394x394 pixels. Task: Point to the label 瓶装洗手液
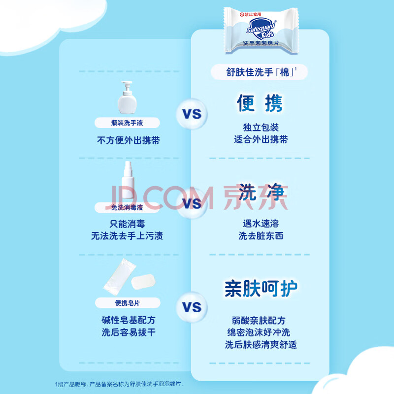click(127, 123)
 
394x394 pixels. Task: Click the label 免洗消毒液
click(127, 207)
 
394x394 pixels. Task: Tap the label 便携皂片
click(127, 303)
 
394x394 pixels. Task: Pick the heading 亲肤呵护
click(261, 289)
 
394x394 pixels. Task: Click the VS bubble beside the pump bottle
click(193, 114)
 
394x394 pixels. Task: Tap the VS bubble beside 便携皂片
click(193, 308)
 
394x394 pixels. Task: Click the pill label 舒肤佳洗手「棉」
click(260, 72)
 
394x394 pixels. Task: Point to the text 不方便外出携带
click(128, 140)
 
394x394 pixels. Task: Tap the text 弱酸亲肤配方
click(261, 320)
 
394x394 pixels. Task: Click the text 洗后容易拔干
click(128, 332)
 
